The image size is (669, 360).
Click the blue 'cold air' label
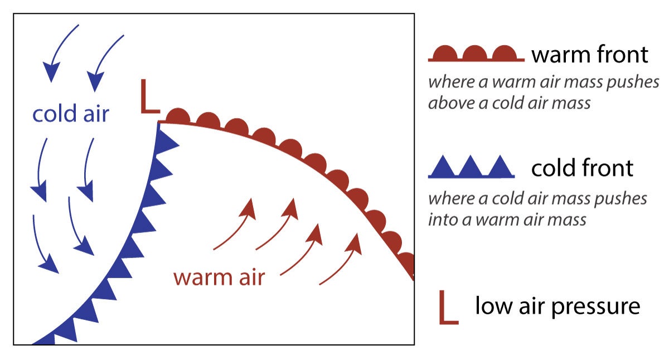click(71, 114)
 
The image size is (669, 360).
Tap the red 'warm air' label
click(219, 278)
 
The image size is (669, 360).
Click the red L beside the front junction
click(150, 96)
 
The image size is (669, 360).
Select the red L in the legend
click(448, 307)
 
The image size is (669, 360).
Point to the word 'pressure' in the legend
click(595, 308)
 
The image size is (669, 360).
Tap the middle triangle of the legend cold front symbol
click(471, 167)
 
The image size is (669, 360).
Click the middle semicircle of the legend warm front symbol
click(475, 53)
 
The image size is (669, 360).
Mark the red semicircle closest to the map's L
click(178, 115)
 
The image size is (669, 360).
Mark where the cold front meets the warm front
click(158, 123)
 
